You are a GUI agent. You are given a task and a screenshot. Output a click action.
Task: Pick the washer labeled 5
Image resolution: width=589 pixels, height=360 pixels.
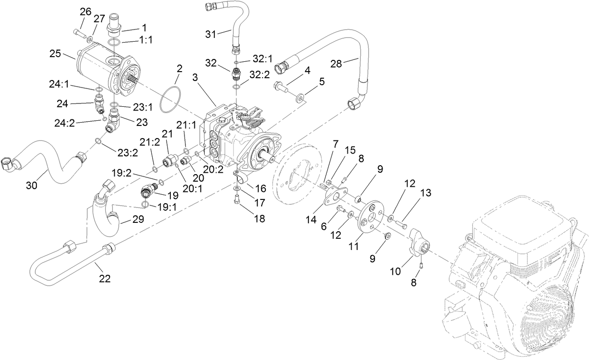pos(300,98)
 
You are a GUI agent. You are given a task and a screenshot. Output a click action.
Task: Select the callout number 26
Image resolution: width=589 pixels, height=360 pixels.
pos(85,12)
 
